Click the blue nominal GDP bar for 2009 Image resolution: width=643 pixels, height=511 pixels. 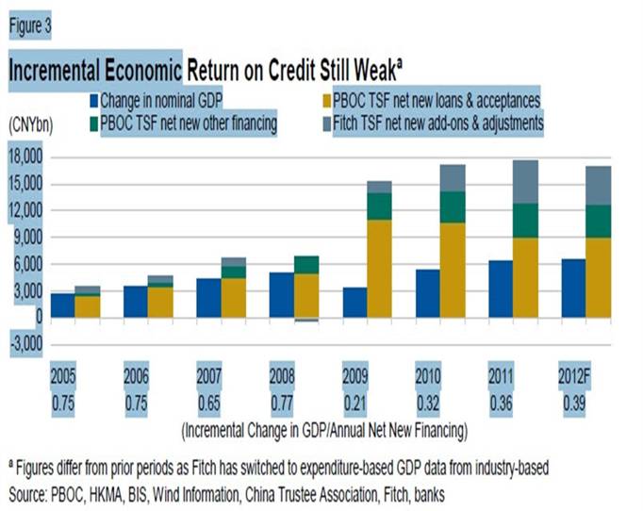[354, 302]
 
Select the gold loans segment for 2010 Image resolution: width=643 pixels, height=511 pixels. [453, 269]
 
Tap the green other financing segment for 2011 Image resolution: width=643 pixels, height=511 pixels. [526, 221]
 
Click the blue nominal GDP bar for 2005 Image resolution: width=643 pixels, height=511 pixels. [61, 305]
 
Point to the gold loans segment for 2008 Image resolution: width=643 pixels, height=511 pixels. [306, 294]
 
